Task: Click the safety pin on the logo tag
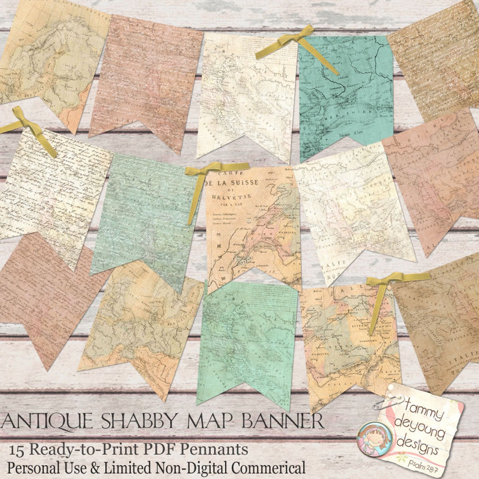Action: point(387,403)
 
